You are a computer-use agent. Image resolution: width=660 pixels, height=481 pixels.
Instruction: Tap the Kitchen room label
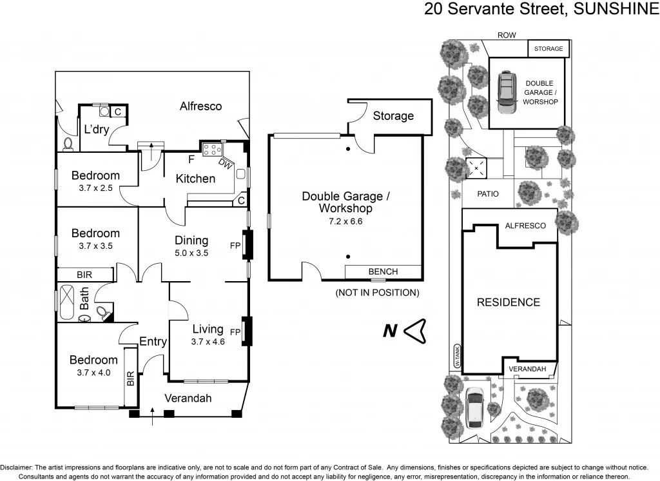point(195,179)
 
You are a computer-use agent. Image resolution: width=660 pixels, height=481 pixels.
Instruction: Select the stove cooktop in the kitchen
point(211,150)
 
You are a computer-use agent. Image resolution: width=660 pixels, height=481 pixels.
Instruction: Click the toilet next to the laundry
point(68,142)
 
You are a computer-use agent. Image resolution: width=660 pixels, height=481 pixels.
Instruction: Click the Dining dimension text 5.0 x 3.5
point(191,253)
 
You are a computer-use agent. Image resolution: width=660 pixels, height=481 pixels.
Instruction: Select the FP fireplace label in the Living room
point(235,333)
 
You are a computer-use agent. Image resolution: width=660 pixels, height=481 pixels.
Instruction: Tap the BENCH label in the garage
point(383,271)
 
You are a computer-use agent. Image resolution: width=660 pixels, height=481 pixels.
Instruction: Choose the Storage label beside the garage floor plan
point(393,116)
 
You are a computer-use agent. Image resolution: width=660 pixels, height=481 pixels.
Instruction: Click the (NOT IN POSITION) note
point(377,293)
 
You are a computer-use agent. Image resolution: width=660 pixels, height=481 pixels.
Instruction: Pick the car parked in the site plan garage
point(507,92)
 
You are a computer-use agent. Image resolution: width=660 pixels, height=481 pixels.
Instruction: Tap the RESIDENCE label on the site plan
point(508,302)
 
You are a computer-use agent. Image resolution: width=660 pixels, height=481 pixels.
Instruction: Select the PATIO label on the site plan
point(488,193)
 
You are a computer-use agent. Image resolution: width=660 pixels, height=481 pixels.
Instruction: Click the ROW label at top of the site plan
point(507,36)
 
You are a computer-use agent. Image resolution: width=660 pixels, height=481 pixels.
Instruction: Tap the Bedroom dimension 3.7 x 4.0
point(94,372)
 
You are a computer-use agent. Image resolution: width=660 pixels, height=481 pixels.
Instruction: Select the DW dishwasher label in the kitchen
point(225,164)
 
